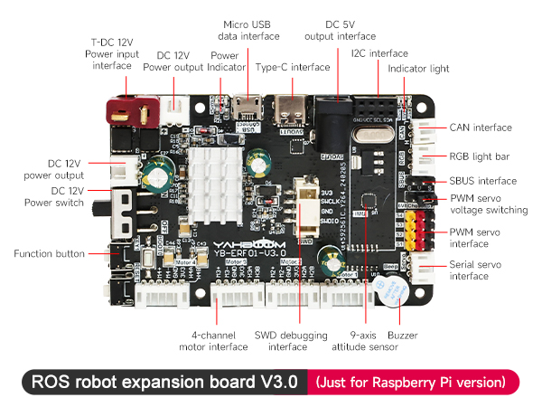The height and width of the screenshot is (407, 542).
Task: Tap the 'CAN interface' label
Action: coord(481,128)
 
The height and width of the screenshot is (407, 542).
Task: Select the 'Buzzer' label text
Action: coord(402,336)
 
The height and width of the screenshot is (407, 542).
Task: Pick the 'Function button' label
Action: coord(49,254)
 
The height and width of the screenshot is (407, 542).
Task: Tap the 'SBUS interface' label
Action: coord(483,181)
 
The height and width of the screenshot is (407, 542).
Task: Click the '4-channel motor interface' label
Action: coord(213,341)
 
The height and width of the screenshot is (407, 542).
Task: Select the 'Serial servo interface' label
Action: coord(474,270)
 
